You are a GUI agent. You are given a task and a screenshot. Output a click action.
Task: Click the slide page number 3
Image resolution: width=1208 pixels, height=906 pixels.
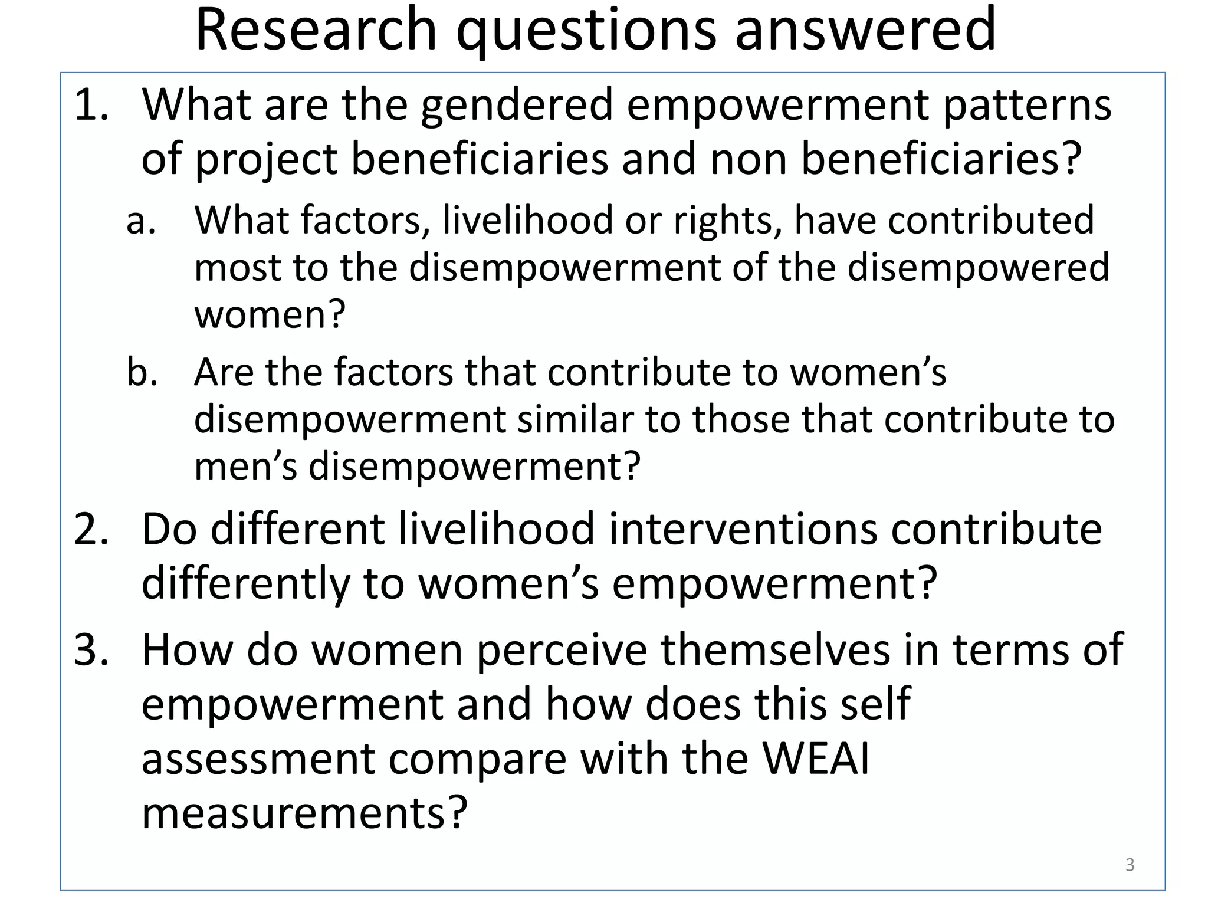(1130, 865)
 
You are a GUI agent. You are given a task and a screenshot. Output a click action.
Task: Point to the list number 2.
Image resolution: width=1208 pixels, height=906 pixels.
(91, 529)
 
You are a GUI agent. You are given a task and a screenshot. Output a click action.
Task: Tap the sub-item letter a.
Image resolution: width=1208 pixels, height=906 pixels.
(141, 221)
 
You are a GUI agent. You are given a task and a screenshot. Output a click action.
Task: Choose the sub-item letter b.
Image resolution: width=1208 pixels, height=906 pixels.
(142, 372)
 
